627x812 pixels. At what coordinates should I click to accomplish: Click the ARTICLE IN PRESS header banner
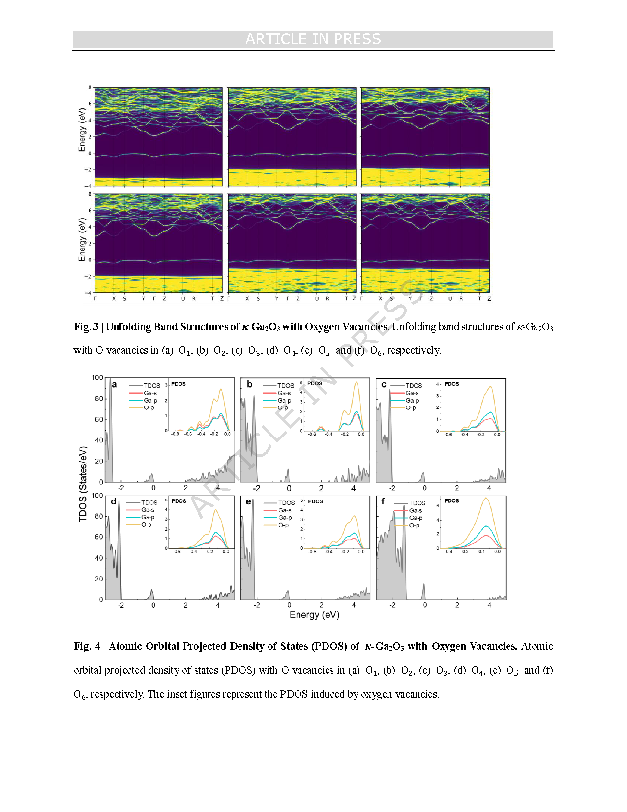point(313,39)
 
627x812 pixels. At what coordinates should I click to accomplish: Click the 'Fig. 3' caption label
point(86,327)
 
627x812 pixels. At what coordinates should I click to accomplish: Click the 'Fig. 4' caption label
point(87,646)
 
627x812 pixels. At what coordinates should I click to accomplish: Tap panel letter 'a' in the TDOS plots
point(114,384)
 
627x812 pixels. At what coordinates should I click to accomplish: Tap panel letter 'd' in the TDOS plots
point(114,501)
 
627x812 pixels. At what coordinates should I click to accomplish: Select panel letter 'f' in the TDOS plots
point(383,501)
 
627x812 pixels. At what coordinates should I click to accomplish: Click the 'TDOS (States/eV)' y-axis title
point(83,484)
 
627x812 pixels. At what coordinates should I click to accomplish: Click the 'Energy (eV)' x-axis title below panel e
point(314,614)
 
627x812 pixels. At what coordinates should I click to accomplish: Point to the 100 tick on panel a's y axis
point(97,378)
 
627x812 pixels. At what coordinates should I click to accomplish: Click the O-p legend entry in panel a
point(149,407)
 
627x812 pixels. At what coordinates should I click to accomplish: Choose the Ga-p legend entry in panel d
point(148,517)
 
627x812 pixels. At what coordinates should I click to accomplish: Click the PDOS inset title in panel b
point(315,383)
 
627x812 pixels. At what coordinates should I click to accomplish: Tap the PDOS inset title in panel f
point(451,500)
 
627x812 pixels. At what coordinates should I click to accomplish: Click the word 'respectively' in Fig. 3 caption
point(413,350)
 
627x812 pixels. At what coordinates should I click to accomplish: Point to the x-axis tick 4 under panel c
point(489,488)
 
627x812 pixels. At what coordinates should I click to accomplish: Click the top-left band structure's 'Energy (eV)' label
point(82,130)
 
